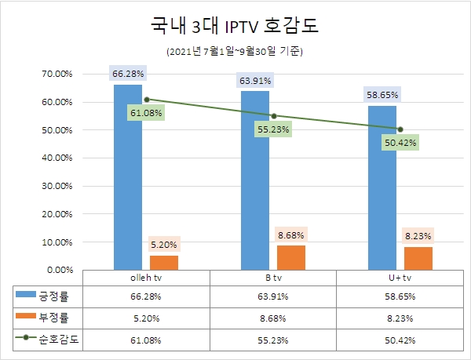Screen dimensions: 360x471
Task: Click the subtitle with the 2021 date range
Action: pyautogui.click(x=235, y=53)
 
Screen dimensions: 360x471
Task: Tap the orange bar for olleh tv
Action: pyautogui.click(x=164, y=262)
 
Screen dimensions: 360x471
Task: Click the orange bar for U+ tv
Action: pyautogui.click(x=418, y=258)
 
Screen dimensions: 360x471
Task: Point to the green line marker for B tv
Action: pyautogui.click(x=273, y=115)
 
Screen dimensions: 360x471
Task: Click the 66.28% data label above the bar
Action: pyautogui.click(x=128, y=74)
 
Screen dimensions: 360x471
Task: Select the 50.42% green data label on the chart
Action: pyautogui.click(x=400, y=143)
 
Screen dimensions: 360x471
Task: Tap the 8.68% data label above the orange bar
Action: pyautogui.click(x=291, y=235)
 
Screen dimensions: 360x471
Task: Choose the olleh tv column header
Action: pyautogui.click(x=146, y=278)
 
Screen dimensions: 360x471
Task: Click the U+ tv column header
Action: pyautogui.click(x=400, y=278)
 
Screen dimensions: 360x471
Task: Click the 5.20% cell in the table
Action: pyautogui.click(x=146, y=319)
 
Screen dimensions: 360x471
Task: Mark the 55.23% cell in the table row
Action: pyautogui.click(x=273, y=340)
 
